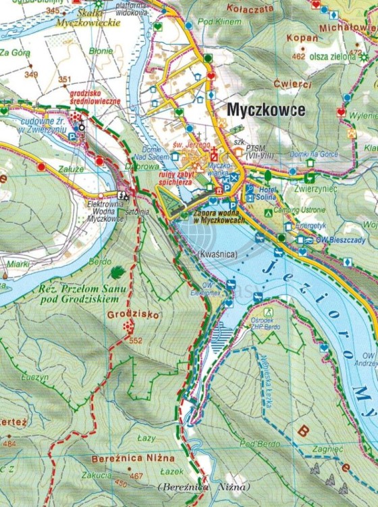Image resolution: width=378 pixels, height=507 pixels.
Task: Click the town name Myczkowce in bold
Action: coord(266,110)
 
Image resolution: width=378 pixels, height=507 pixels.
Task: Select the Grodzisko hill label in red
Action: coord(125,314)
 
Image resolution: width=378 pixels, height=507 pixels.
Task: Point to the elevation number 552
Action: coord(136,340)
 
